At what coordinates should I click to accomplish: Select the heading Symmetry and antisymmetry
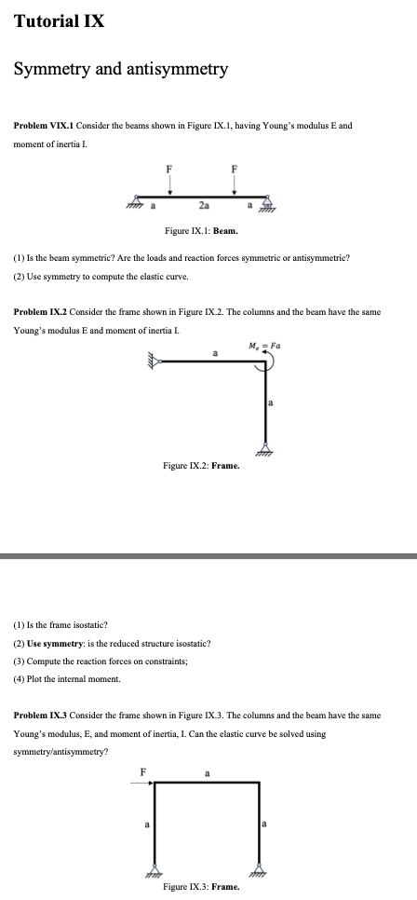tap(120, 69)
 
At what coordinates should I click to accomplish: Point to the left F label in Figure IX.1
tap(168, 169)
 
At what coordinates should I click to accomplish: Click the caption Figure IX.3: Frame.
tap(201, 888)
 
